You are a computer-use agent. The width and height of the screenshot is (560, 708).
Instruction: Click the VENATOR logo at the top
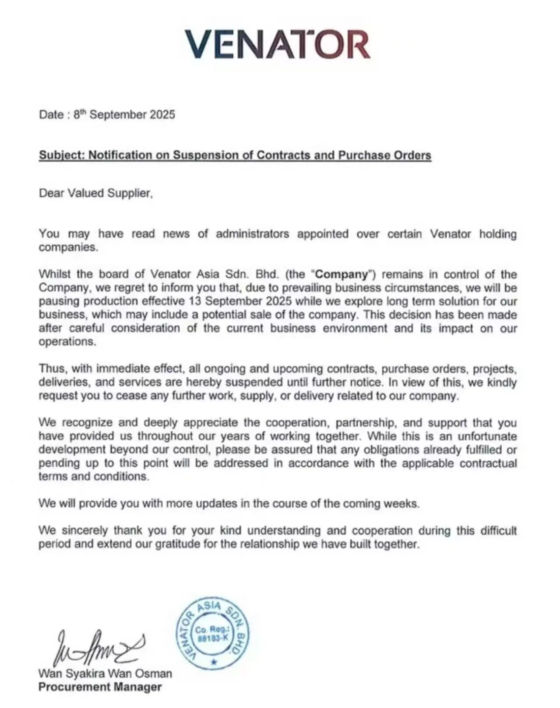point(278,44)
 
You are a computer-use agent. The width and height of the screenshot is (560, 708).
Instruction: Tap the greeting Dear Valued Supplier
point(95,193)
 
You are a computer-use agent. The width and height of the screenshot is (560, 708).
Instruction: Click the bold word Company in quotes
point(342,274)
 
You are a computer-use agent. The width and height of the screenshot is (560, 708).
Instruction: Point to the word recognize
point(88,423)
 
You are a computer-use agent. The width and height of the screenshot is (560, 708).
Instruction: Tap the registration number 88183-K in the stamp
point(213,638)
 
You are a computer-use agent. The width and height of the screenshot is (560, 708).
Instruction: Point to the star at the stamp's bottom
point(214,662)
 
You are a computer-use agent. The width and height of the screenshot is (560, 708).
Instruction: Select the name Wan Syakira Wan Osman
point(105,673)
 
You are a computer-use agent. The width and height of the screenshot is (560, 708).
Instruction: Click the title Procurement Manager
point(100,687)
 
